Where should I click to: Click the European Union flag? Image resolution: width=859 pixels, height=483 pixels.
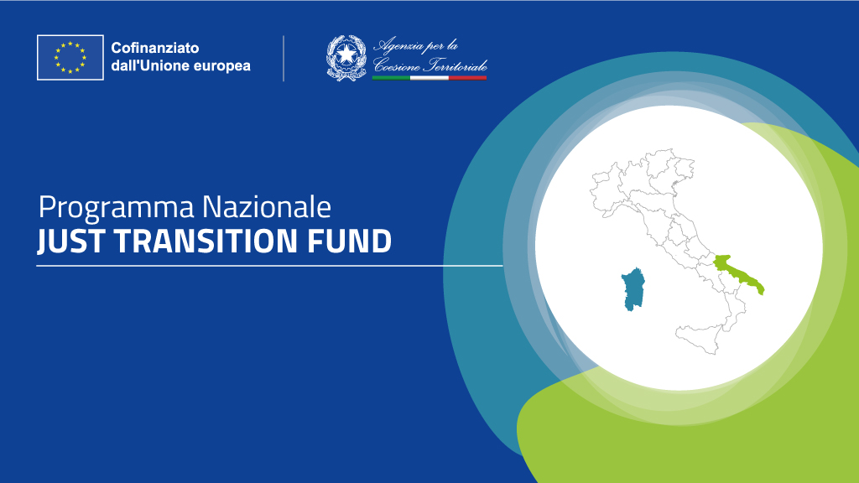tap(70, 58)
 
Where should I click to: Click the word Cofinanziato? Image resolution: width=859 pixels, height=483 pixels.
tap(155, 48)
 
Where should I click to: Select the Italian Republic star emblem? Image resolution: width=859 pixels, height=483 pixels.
tap(346, 58)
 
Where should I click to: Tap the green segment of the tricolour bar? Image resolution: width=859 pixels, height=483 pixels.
tap(391, 78)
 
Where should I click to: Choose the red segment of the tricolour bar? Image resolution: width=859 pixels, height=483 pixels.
tap(467, 78)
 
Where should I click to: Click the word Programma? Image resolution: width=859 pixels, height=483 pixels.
tap(116, 209)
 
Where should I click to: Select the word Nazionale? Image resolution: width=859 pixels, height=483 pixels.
tap(267, 207)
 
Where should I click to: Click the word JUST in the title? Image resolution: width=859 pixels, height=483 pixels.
tap(70, 241)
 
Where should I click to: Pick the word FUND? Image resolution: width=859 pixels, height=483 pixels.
tap(350, 241)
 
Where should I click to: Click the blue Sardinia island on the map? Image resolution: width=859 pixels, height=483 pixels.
tap(633, 289)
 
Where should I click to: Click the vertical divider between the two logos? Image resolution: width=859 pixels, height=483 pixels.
tap(284, 59)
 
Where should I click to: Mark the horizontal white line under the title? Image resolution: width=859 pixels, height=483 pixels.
tap(269, 266)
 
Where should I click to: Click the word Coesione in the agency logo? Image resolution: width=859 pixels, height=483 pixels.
tap(397, 65)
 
